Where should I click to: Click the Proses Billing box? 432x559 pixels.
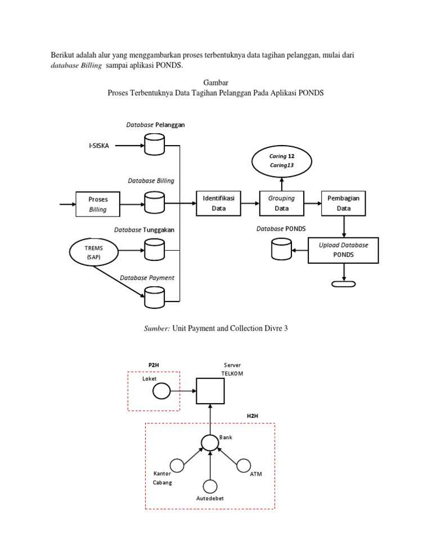pos(98,204)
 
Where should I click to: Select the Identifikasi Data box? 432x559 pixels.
pos(218,203)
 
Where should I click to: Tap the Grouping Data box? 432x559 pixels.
pos(281,203)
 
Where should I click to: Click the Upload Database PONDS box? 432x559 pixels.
pos(343,250)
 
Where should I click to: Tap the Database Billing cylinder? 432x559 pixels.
pos(154,202)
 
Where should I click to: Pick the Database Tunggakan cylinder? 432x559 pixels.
pos(154,249)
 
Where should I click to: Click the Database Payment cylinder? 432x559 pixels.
pos(154,297)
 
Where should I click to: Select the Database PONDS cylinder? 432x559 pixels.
pos(281,249)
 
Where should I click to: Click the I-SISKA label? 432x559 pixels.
pos(99,146)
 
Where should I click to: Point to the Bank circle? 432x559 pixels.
pos(210,443)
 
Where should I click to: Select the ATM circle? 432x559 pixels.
pos(243,466)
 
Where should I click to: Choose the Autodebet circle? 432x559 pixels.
pos(210,486)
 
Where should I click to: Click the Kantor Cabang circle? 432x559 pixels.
pos(177,466)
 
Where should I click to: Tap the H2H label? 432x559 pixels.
pos(253,416)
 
